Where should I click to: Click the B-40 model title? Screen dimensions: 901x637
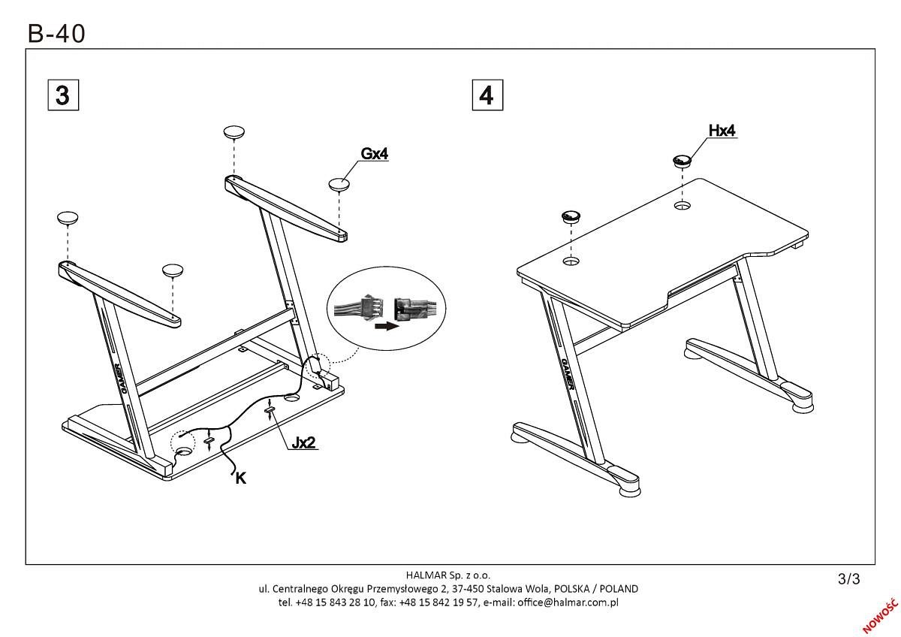pyautogui.click(x=56, y=33)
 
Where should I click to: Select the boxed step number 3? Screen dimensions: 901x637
pyautogui.click(x=63, y=95)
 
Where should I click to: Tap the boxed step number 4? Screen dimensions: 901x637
pyautogui.click(x=487, y=95)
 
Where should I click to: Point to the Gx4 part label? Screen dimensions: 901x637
pyautogui.click(x=375, y=154)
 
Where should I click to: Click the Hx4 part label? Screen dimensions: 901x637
pyautogui.click(x=722, y=131)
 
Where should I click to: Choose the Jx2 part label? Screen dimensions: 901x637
pyautogui.click(x=303, y=442)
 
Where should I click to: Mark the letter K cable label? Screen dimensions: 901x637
pyautogui.click(x=240, y=479)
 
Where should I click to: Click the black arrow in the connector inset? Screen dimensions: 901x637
pyautogui.click(x=387, y=326)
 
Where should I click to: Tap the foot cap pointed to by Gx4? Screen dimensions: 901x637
pyautogui.click(x=339, y=185)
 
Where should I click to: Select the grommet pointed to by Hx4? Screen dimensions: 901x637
pyautogui.click(x=682, y=161)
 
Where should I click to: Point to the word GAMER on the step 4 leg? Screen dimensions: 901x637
pyautogui.click(x=568, y=374)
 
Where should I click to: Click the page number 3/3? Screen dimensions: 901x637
pyautogui.click(x=848, y=578)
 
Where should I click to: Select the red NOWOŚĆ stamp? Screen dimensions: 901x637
pyautogui.click(x=880, y=616)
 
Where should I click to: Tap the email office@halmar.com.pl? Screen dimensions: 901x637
pyautogui.click(x=568, y=602)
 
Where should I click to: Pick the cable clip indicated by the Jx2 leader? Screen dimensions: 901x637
pyautogui.click(x=270, y=409)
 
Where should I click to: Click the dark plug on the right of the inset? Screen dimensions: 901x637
pyautogui.click(x=408, y=308)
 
